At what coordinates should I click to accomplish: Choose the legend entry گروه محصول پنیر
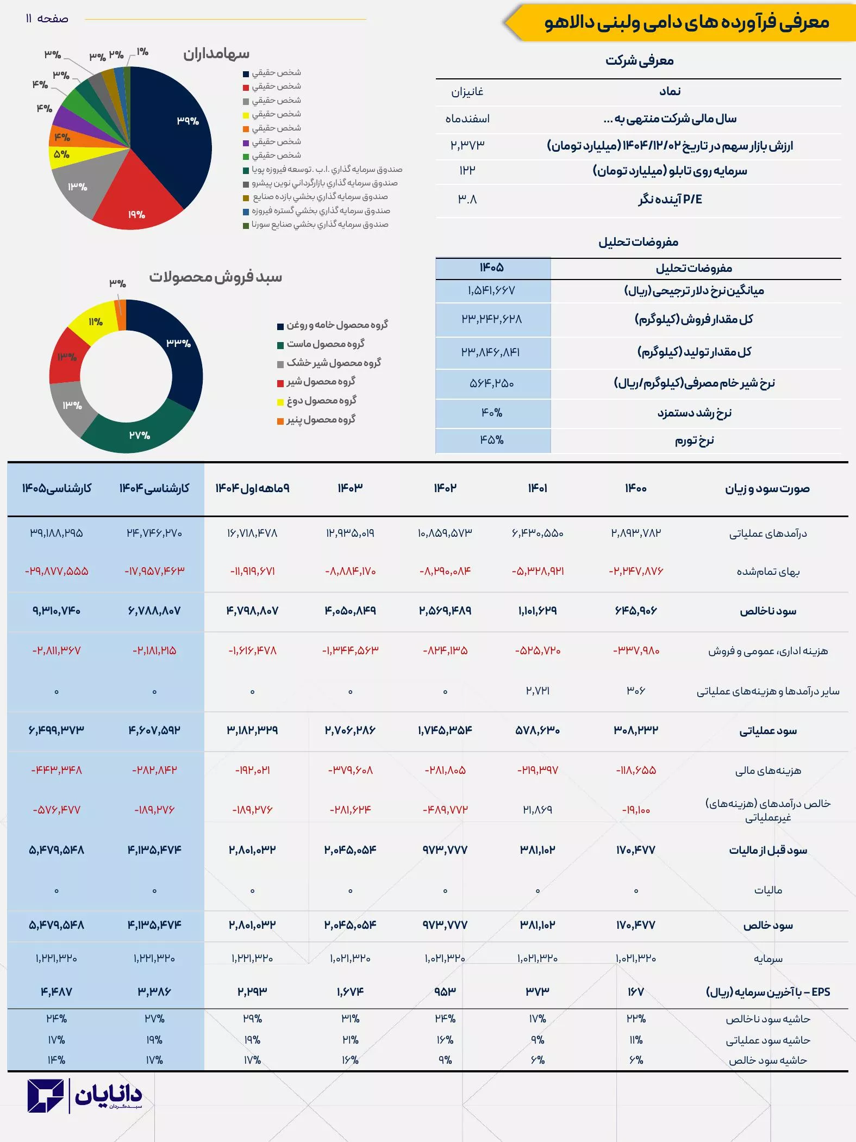tap(321, 420)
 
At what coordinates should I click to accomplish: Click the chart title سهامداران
tap(216, 54)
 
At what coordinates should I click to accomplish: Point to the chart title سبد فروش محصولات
tap(216, 277)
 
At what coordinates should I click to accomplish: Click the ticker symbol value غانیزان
tap(467, 92)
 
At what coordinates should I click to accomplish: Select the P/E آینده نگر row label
tap(670, 200)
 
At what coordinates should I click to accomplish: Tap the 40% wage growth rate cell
tap(492, 413)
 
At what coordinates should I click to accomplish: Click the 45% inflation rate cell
tap(492, 440)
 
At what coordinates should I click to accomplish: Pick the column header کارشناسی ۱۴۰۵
tap(57, 488)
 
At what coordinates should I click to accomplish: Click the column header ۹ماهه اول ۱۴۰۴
tap(252, 488)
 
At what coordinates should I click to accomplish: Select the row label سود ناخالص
tap(767, 611)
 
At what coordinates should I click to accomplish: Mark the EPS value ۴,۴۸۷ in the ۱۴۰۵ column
tap(57, 992)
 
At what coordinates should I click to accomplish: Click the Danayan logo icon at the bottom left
tap(46, 1096)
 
